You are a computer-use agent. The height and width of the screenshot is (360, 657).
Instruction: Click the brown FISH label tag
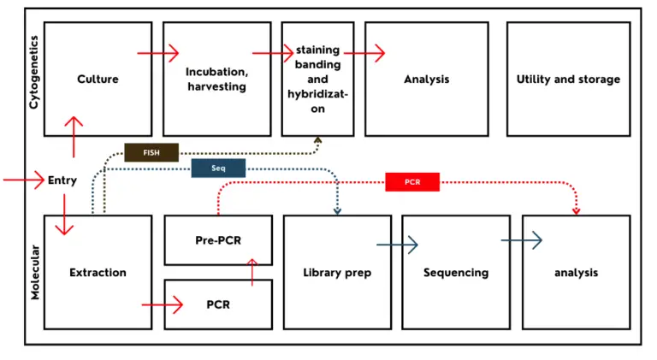point(151,153)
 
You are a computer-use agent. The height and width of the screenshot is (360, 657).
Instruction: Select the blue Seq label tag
point(218,168)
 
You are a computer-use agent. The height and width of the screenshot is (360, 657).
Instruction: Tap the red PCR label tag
point(411,182)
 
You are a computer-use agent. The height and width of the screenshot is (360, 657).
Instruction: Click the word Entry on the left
point(62,180)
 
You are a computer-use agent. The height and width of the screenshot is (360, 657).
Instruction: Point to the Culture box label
point(98,80)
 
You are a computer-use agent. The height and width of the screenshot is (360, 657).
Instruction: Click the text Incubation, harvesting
point(216,80)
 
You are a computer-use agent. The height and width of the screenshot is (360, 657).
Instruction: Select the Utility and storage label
point(568,80)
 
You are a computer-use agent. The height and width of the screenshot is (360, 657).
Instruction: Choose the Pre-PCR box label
point(218,240)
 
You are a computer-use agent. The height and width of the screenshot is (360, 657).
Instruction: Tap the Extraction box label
point(98,273)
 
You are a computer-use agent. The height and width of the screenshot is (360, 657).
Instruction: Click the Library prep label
point(336,273)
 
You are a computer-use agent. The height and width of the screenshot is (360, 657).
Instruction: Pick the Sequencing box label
point(456,273)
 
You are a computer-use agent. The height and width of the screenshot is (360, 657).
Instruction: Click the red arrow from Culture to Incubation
point(158,53)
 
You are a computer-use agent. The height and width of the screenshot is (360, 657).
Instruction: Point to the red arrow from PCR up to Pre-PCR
point(252,271)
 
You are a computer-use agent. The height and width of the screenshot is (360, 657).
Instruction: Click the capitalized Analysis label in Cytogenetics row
point(426,80)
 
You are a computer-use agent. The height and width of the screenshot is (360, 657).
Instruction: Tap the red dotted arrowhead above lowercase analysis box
point(576,210)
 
